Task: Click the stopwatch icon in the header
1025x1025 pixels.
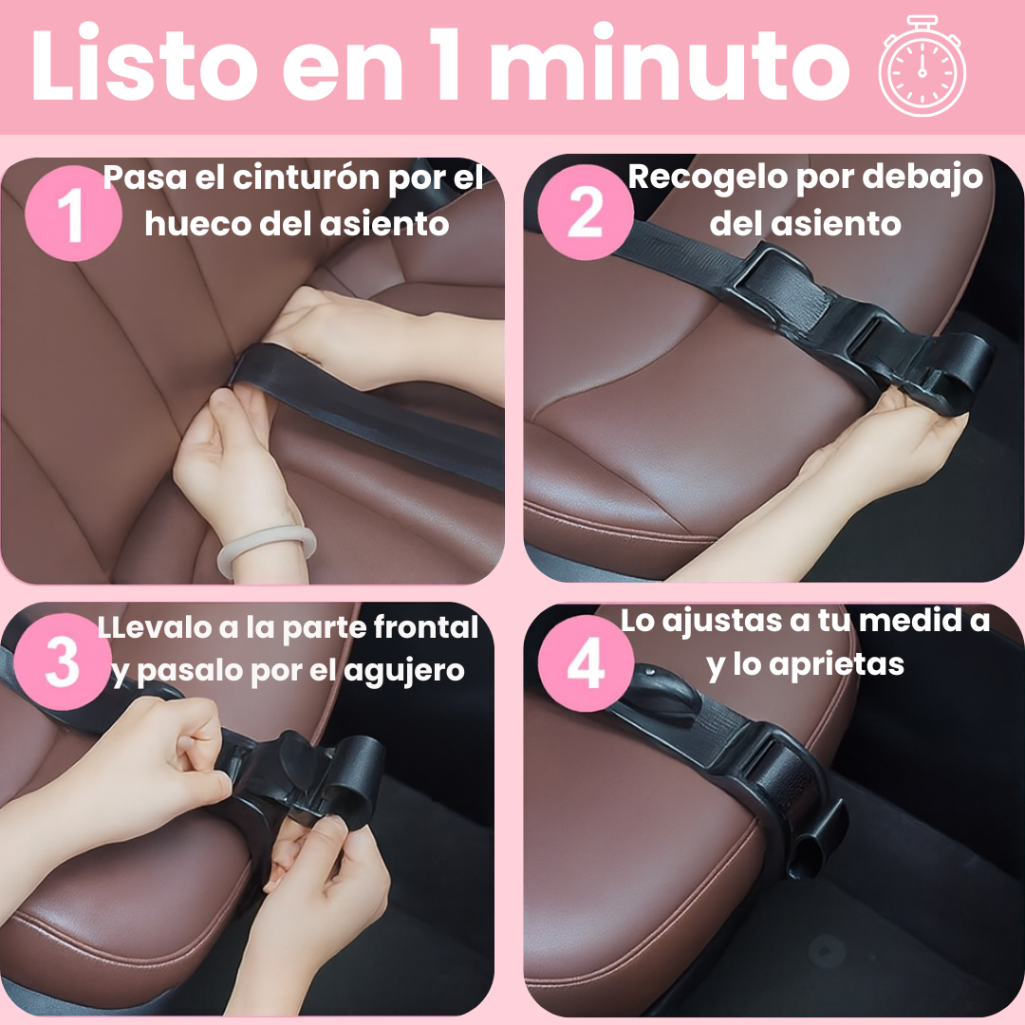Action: (x=922, y=66)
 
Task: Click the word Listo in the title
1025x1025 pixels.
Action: (x=144, y=64)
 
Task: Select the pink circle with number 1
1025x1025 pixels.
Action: (x=73, y=214)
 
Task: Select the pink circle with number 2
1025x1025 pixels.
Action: (x=586, y=213)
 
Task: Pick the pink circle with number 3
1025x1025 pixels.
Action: (x=63, y=662)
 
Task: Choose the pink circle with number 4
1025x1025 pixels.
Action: (x=586, y=662)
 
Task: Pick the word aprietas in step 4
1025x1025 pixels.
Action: (x=836, y=665)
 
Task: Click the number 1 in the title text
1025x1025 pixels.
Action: (x=448, y=64)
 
